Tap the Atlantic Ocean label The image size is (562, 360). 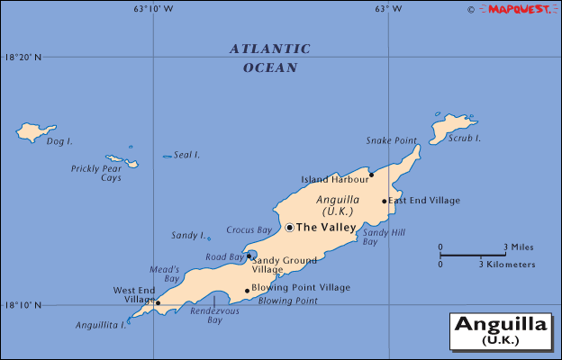(x=269, y=58)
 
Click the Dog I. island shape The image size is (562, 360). (x=35, y=132)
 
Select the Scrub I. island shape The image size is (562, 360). (x=450, y=127)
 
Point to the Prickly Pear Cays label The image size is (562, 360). (x=98, y=173)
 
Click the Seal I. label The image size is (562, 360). (x=186, y=155)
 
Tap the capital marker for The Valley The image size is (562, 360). (x=290, y=228)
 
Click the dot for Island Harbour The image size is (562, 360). (x=371, y=175)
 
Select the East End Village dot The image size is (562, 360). (x=385, y=201)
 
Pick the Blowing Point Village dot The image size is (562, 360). (x=247, y=291)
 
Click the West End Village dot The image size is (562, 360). (x=158, y=302)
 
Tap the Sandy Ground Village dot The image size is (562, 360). (x=249, y=256)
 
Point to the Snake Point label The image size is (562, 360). (x=392, y=140)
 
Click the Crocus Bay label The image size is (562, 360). (x=249, y=229)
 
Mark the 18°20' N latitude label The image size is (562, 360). (x=23, y=57)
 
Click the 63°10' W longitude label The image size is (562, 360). (x=153, y=8)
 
